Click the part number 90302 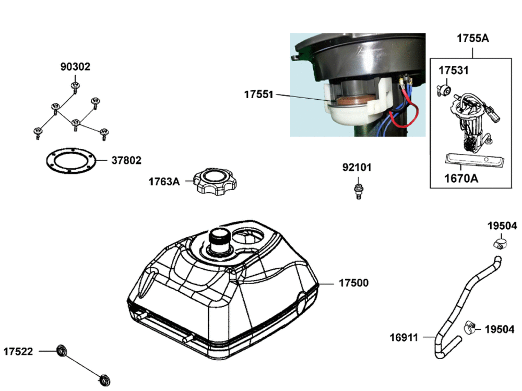coord(75,67)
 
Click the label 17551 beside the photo coord(258,95)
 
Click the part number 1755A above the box coord(472,38)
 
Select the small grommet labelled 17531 coord(445,89)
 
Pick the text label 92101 coord(357,168)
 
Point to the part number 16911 coord(404,337)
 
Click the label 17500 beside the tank coord(353,283)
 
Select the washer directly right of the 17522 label coord(62,350)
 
